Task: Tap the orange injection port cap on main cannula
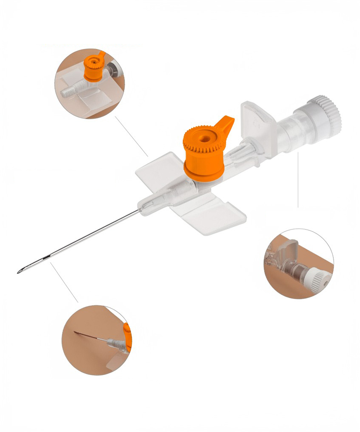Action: coord(204,158)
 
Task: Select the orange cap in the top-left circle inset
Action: coord(94,68)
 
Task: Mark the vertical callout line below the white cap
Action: coord(298,180)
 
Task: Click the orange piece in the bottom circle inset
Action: coord(127,337)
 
